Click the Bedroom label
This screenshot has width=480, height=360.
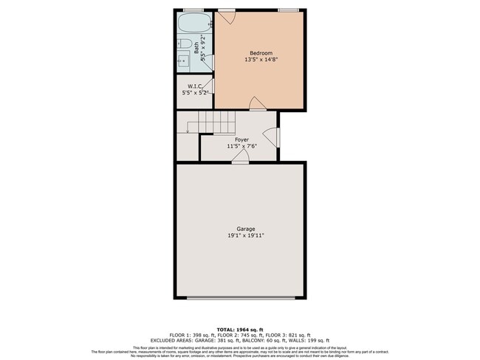[x=261, y=52]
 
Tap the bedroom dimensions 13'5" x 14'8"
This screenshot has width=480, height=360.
[x=261, y=60]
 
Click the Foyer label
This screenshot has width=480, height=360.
[x=241, y=139]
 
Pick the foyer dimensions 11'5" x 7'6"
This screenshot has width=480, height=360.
[x=241, y=146]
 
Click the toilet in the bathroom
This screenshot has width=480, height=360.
[x=184, y=45]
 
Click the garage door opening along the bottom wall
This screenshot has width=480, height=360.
[x=240, y=298]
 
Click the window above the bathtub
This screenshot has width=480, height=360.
[x=193, y=10]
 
